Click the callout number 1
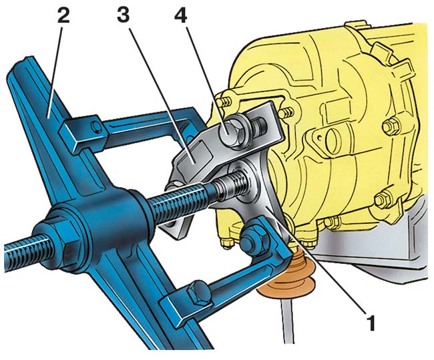point(371,322)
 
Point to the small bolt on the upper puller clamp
point(96,127)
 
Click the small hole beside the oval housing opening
point(322,137)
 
